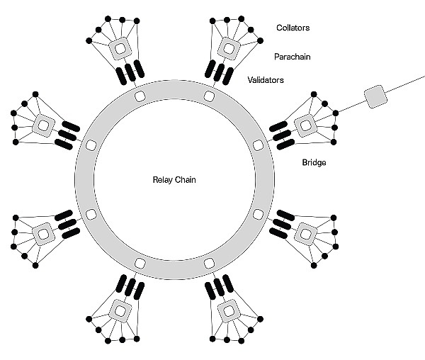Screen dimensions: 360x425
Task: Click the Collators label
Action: [293, 28]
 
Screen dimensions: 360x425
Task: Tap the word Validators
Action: [266, 80]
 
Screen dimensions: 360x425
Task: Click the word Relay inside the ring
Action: [164, 180]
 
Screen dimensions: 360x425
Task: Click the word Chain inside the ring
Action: [186, 180]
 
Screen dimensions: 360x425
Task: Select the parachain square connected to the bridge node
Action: [305, 125]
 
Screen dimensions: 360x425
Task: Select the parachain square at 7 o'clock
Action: [120, 310]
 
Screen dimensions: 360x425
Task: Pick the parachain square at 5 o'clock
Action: [228, 310]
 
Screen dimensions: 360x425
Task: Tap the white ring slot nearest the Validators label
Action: [209, 95]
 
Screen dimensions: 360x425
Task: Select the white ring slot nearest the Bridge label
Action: [258, 145]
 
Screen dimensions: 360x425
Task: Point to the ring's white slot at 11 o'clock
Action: [140, 95]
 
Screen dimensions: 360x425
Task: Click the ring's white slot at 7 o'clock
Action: [140, 264]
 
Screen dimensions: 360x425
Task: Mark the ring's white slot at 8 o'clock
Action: [90, 214]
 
